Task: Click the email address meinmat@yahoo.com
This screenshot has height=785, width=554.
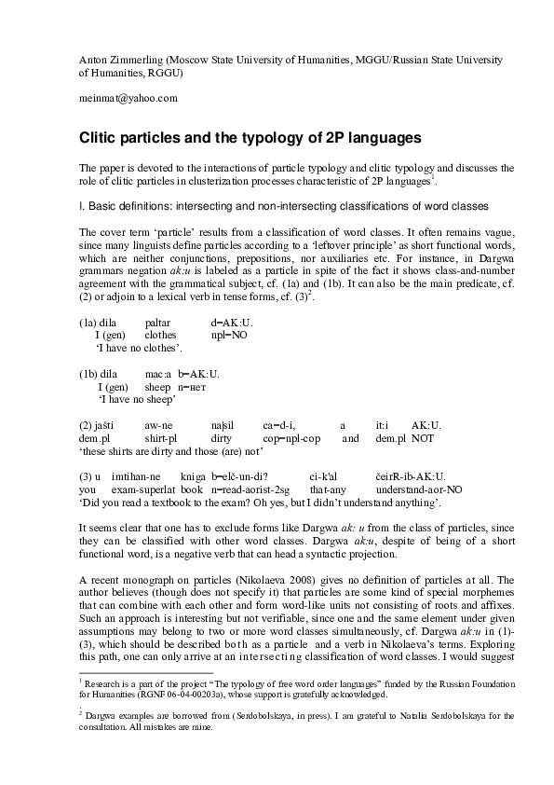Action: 128,98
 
